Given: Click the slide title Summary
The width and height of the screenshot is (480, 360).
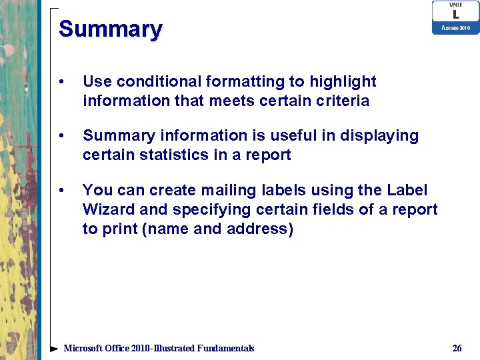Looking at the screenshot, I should tap(110, 29).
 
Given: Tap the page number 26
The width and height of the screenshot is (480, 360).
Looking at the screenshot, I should tap(457, 348).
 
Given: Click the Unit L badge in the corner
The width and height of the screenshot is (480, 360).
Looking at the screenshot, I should tap(455, 17).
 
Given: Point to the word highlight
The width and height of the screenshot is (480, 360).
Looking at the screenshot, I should tap(342, 81).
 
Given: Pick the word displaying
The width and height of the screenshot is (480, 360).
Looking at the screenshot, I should tap(379, 136).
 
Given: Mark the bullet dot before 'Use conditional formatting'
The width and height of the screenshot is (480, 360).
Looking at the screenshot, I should tap(61, 83).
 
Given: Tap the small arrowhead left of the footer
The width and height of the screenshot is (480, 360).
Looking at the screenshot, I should tap(54, 349).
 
